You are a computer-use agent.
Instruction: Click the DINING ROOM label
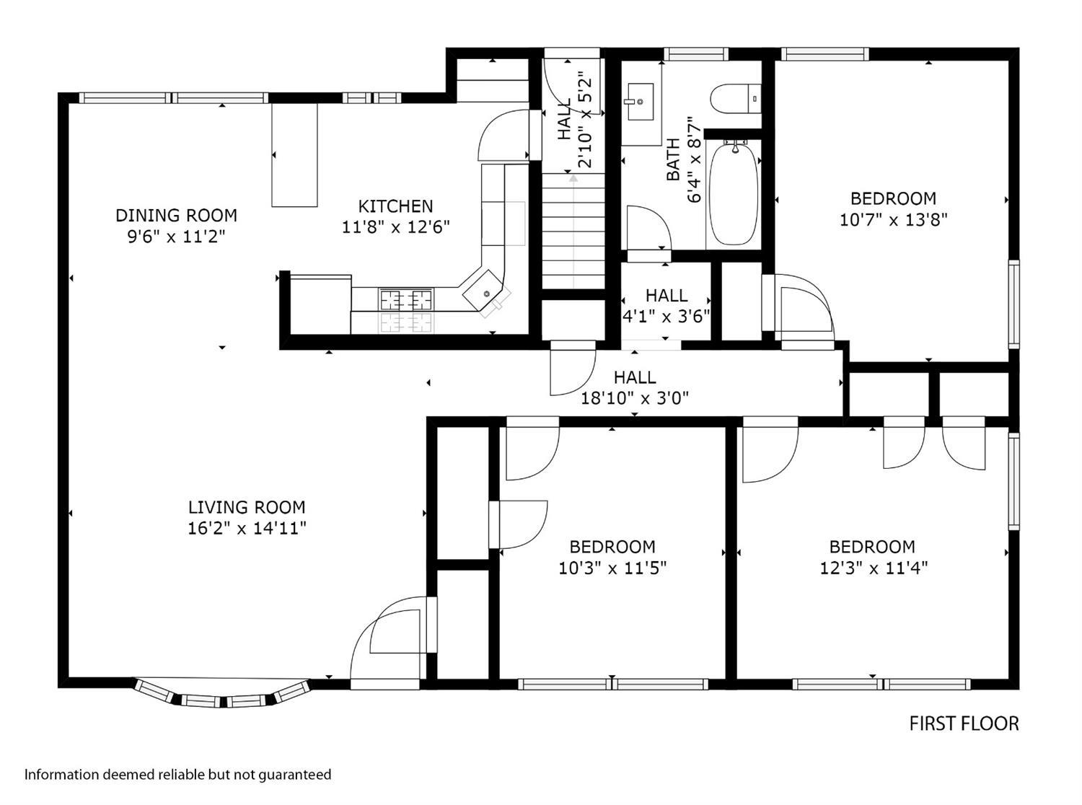(176, 215)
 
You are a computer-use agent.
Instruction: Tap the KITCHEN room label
(395, 206)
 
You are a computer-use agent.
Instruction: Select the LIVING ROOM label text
(247, 507)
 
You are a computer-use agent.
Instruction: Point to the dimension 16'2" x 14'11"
(247, 529)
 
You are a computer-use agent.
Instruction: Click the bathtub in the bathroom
(734, 193)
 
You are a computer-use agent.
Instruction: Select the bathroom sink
(641, 102)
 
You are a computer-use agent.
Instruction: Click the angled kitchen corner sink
(483, 291)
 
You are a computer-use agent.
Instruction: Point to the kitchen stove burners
(406, 299)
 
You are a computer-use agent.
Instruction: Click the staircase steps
(573, 231)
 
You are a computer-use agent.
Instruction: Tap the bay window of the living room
(222, 694)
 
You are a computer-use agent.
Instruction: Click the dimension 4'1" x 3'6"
(666, 317)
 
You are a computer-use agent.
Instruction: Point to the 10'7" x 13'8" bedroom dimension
(893, 220)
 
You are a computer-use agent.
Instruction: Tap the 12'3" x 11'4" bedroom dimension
(874, 568)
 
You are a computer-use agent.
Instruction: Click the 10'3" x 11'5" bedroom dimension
(612, 568)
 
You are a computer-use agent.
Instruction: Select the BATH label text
(673, 159)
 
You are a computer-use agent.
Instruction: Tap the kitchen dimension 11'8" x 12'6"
(395, 227)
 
